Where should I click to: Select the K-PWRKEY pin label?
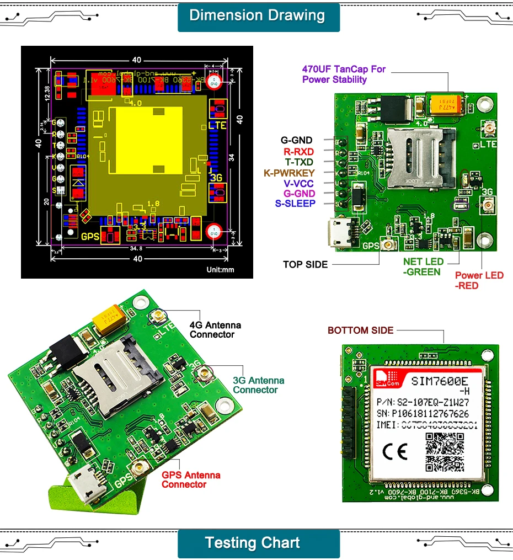pos(289,173)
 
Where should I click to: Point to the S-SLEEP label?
pos(295,204)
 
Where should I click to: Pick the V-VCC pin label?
pos(299,183)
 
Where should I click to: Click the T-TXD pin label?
pos(299,162)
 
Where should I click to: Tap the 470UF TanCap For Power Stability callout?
pos(344,74)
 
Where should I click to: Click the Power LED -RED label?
pos(479,280)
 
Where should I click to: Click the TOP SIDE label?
pos(305,264)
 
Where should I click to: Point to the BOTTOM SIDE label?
pos(360,330)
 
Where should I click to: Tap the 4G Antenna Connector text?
pos(215,330)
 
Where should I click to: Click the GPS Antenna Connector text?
pos(191,479)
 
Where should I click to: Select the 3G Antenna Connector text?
pos(258,385)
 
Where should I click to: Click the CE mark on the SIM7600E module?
pos(394,452)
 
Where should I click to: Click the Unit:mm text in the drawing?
pos(220,270)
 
